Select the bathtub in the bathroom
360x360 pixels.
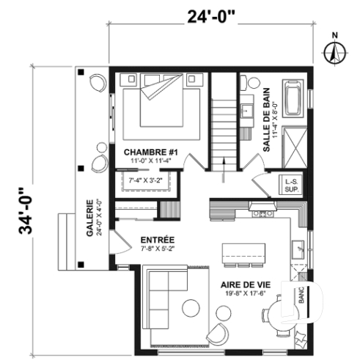tap(295, 99)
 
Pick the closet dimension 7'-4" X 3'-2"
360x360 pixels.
tap(144, 180)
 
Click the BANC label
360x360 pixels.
tap(301, 296)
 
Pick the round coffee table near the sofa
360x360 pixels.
tap(193, 307)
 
